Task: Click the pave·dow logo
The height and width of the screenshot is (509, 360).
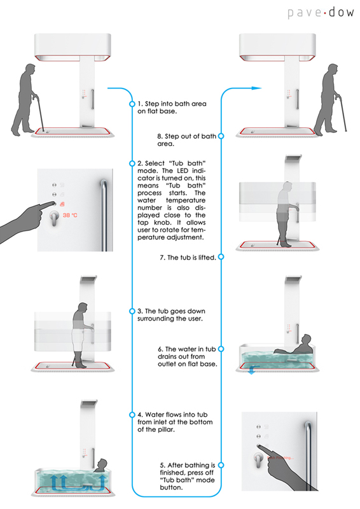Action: pyautogui.click(x=321, y=13)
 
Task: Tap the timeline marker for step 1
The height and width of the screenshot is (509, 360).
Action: pyautogui.click(x=132, y=104)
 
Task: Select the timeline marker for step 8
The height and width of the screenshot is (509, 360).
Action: pyautogui.click(x=221, y=136)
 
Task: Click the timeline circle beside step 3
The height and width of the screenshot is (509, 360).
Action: pyautogui.click(x=132, y=311)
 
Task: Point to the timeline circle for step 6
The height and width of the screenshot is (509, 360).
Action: pyautogui.click(x=221, y=349)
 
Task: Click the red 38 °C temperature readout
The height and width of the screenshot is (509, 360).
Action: pyautogui.click(x=70, y=215)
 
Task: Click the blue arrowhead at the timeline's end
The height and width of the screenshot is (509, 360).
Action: pyautogui.click(x=257, y=88)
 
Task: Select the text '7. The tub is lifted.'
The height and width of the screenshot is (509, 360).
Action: pyautogui.click(x=188, y=258)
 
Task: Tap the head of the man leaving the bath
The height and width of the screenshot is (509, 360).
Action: pyautogui.click(x=333, y=70)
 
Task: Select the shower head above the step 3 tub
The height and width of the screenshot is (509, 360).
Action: pyautogui.click(x=88, y=279)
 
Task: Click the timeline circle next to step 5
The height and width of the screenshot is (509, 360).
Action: pyautogui.click(x=221, y=465)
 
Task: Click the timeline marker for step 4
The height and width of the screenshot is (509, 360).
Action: pyautogui.click(x=132, y=415)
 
